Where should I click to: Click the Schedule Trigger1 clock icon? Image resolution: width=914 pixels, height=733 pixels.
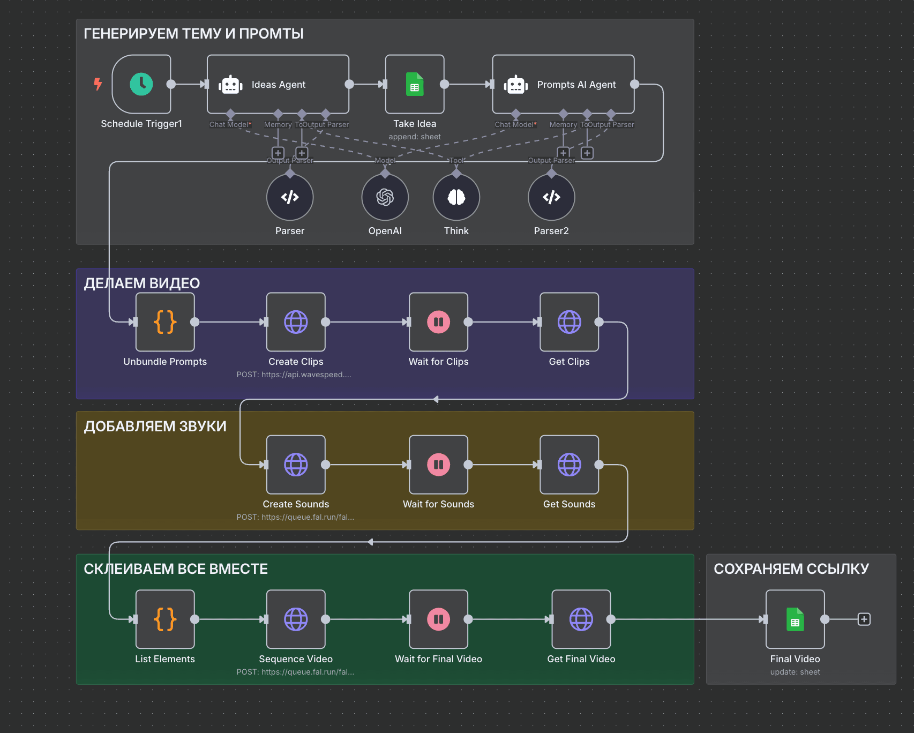[x=141, y=84]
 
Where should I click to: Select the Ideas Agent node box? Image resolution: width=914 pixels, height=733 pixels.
[x=278, y=84]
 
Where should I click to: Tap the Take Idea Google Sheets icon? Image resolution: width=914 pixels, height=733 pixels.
[x=415, y=84]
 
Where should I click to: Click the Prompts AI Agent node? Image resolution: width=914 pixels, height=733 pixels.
[x=563, y=84]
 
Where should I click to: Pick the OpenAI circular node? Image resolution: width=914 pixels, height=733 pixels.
[x=385, y=197]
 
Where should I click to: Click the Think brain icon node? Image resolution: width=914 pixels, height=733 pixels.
[x=456, y=197]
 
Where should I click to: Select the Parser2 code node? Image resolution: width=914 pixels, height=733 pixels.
[x=551, y=197]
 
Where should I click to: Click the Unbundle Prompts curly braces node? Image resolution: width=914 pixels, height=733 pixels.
[x=165, y=322]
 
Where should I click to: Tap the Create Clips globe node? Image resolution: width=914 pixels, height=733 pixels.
[x=296, y=322]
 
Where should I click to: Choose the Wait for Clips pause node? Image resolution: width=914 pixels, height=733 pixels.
[x=438, y=322]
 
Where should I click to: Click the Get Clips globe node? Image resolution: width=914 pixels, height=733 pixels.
[x=569, y=322]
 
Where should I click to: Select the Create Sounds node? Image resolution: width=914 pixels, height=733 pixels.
[x=296, y=465]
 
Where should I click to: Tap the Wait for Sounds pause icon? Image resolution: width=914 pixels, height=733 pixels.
[x=438, y=465]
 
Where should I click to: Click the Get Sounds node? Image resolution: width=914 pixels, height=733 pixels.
[x=569, y=465]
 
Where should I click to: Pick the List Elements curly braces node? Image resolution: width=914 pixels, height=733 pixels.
[x=165, y=619]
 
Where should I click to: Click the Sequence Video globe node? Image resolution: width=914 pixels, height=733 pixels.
[x=296, y=619]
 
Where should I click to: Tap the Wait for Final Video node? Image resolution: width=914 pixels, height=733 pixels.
[x=438, y=619]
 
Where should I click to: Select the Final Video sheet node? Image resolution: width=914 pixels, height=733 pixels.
[x=795, y=619]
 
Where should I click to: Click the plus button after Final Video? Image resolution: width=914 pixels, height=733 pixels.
[x=864, y=619]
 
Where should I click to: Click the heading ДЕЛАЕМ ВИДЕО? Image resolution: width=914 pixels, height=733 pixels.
[x=142, y=283]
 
